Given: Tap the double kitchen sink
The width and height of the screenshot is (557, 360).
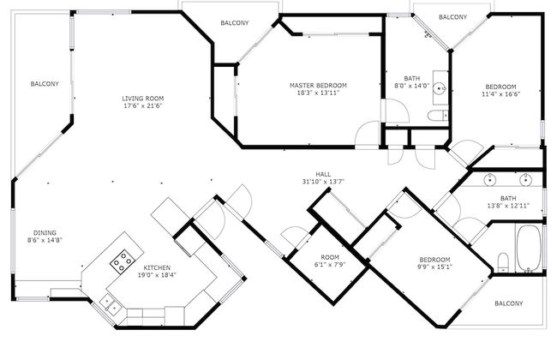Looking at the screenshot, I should click(109, 301).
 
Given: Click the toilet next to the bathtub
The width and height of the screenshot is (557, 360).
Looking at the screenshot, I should click(503, 260).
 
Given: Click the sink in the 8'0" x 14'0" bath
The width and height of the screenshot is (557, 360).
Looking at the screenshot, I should click(440, 87).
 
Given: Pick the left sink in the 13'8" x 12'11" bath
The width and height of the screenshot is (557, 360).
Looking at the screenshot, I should click(490, 179).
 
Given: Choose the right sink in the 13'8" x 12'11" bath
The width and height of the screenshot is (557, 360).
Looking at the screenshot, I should click(526, 179).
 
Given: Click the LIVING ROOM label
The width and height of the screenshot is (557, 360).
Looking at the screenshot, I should click(142, 99).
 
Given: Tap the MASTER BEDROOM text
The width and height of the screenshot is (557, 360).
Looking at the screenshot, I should click(318, 86).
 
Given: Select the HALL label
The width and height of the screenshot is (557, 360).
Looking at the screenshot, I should click(323, 173).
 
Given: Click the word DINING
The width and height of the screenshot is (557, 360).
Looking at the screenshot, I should click(45, 233).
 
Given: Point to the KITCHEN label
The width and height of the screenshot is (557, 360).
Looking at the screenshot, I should click(156, 267).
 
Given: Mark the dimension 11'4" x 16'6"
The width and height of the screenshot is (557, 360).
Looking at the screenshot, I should click(500, 94).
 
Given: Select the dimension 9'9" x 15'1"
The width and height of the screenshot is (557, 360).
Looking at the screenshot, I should click(435, 267).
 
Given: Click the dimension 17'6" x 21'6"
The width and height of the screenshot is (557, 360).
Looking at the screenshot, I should click(142, 107).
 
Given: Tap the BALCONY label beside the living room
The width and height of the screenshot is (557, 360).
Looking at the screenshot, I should click(45, 84).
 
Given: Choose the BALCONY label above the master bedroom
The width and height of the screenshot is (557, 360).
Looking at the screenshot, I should click(235, 23).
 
